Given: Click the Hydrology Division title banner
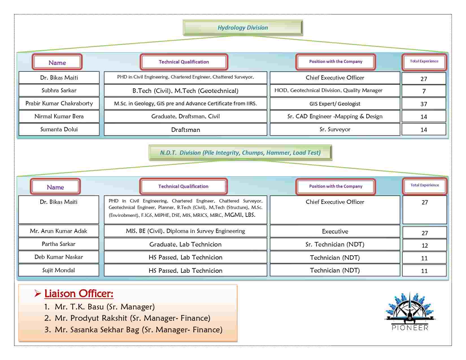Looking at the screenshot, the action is tap(243, 28).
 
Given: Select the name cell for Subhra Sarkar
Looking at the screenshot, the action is tap(59, 90).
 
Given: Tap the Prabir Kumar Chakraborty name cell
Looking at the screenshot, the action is tap(59, 103).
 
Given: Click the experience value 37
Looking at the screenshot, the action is tap(424, 104).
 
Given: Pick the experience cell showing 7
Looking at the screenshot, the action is tap(424, 91).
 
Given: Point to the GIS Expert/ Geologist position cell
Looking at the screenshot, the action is tap(335, 104).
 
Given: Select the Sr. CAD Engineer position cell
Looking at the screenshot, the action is tap(335, 116).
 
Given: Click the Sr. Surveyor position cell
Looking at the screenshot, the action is tap(335, 129).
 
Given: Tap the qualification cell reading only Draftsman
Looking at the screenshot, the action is tap(186, 129).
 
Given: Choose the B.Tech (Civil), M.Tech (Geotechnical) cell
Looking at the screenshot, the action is tap(186, 90).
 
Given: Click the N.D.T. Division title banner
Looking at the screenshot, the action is tap(240, 153).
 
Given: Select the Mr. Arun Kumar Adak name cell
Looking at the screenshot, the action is tap(58, 231).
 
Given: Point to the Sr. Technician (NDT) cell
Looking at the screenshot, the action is tap(335, 244).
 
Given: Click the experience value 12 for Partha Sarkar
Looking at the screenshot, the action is tap(424, 245).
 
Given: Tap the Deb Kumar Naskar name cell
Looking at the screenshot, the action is tap(58, 257).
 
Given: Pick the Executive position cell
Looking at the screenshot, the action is tap(335, 231).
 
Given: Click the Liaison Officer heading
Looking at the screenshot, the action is tap(79, 294).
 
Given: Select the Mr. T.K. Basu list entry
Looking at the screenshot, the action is tap(99, 307).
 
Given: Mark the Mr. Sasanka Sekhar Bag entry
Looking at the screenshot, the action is tap(133, 330).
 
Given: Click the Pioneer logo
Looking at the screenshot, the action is tap(410, 312).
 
